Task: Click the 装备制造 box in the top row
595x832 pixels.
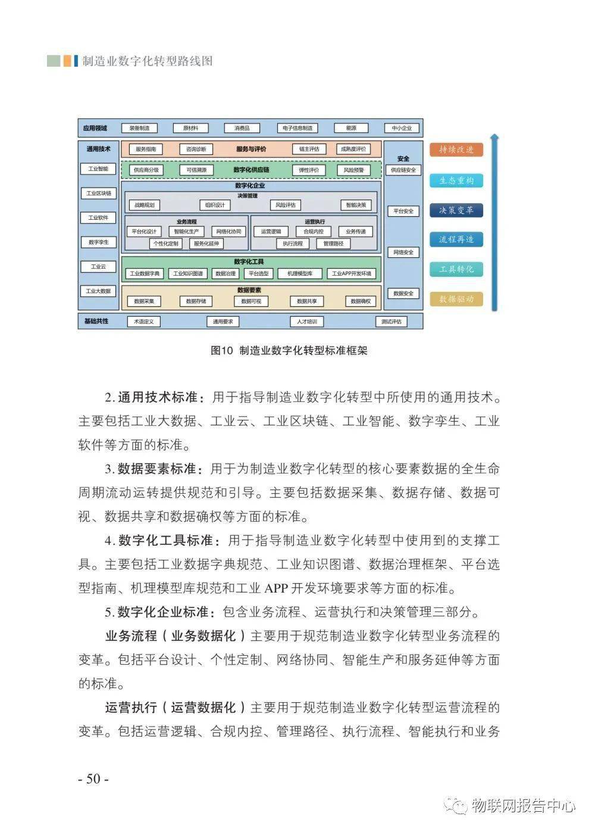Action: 139,128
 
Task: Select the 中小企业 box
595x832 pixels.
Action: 402,128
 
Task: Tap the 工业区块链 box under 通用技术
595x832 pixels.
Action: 98,193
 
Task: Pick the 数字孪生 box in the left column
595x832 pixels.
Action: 98,242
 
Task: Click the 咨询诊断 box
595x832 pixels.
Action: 196,149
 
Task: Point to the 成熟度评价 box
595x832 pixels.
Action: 353,149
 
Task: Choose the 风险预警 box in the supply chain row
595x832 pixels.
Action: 353,170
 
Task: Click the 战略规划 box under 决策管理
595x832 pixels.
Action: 144,205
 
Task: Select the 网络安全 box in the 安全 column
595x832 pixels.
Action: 403,252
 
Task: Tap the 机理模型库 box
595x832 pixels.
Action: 300,273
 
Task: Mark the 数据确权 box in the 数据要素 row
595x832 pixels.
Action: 361,301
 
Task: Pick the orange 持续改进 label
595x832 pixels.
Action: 456,149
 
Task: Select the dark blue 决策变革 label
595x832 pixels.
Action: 456,210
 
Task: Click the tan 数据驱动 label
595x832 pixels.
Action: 456,299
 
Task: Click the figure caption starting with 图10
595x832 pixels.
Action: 289,351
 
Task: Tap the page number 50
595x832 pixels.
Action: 93,778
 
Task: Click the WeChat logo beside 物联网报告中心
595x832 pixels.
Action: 459,806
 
